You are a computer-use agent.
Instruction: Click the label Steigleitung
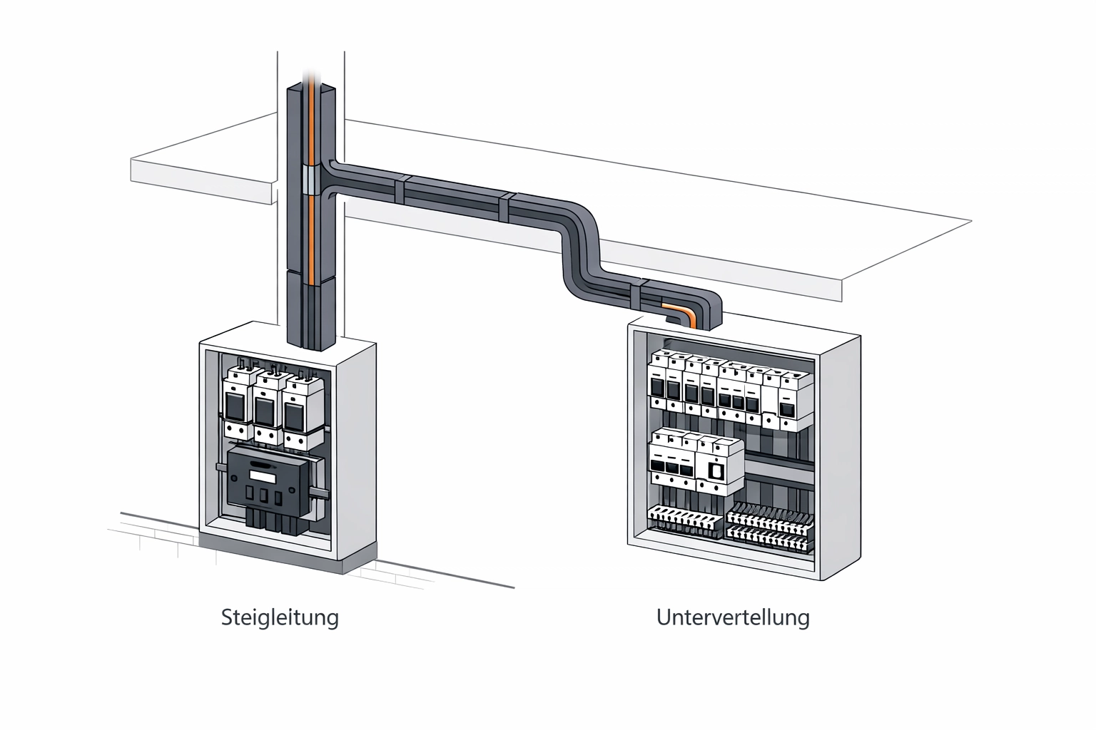click(x=280, y=617)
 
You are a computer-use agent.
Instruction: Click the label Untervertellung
click(x=733, y=617)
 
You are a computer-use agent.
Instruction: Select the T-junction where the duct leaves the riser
click(x=330, y=182)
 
